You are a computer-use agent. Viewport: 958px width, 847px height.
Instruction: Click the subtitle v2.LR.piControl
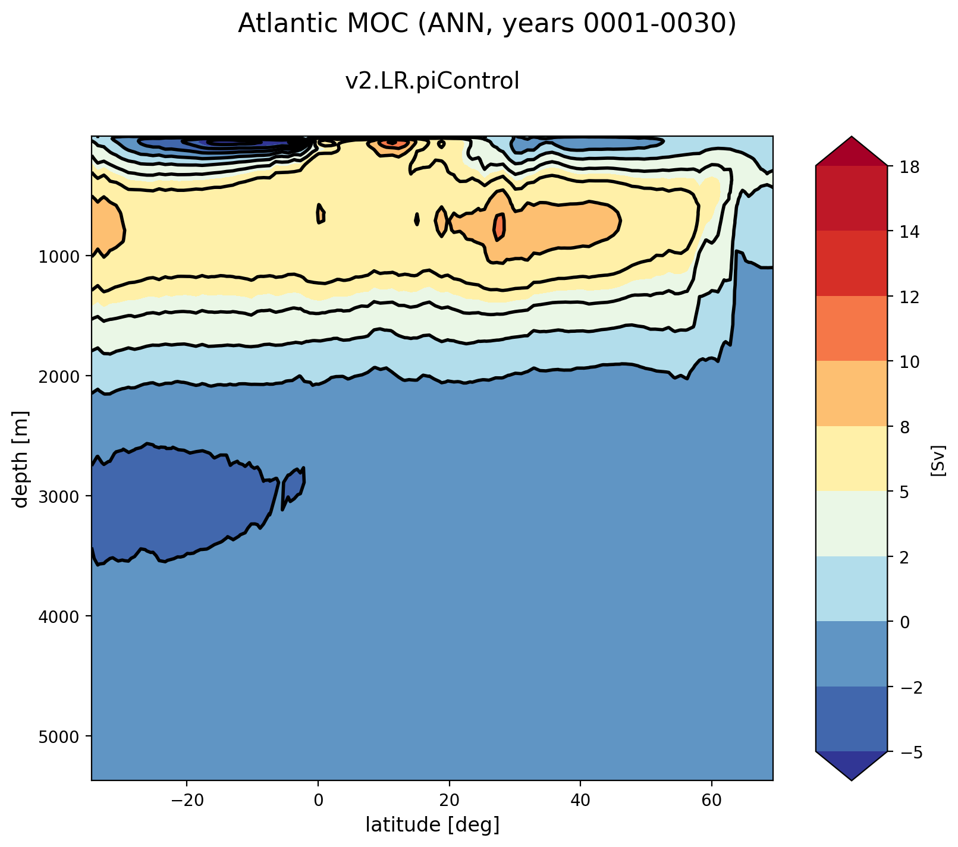pos(432,81)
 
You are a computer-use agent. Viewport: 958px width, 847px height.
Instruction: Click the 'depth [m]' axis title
pos(21,458)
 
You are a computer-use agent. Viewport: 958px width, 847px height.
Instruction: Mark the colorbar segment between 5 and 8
pos(851,458)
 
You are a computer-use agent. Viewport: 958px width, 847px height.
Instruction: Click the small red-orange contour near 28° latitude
pos(500,226)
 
